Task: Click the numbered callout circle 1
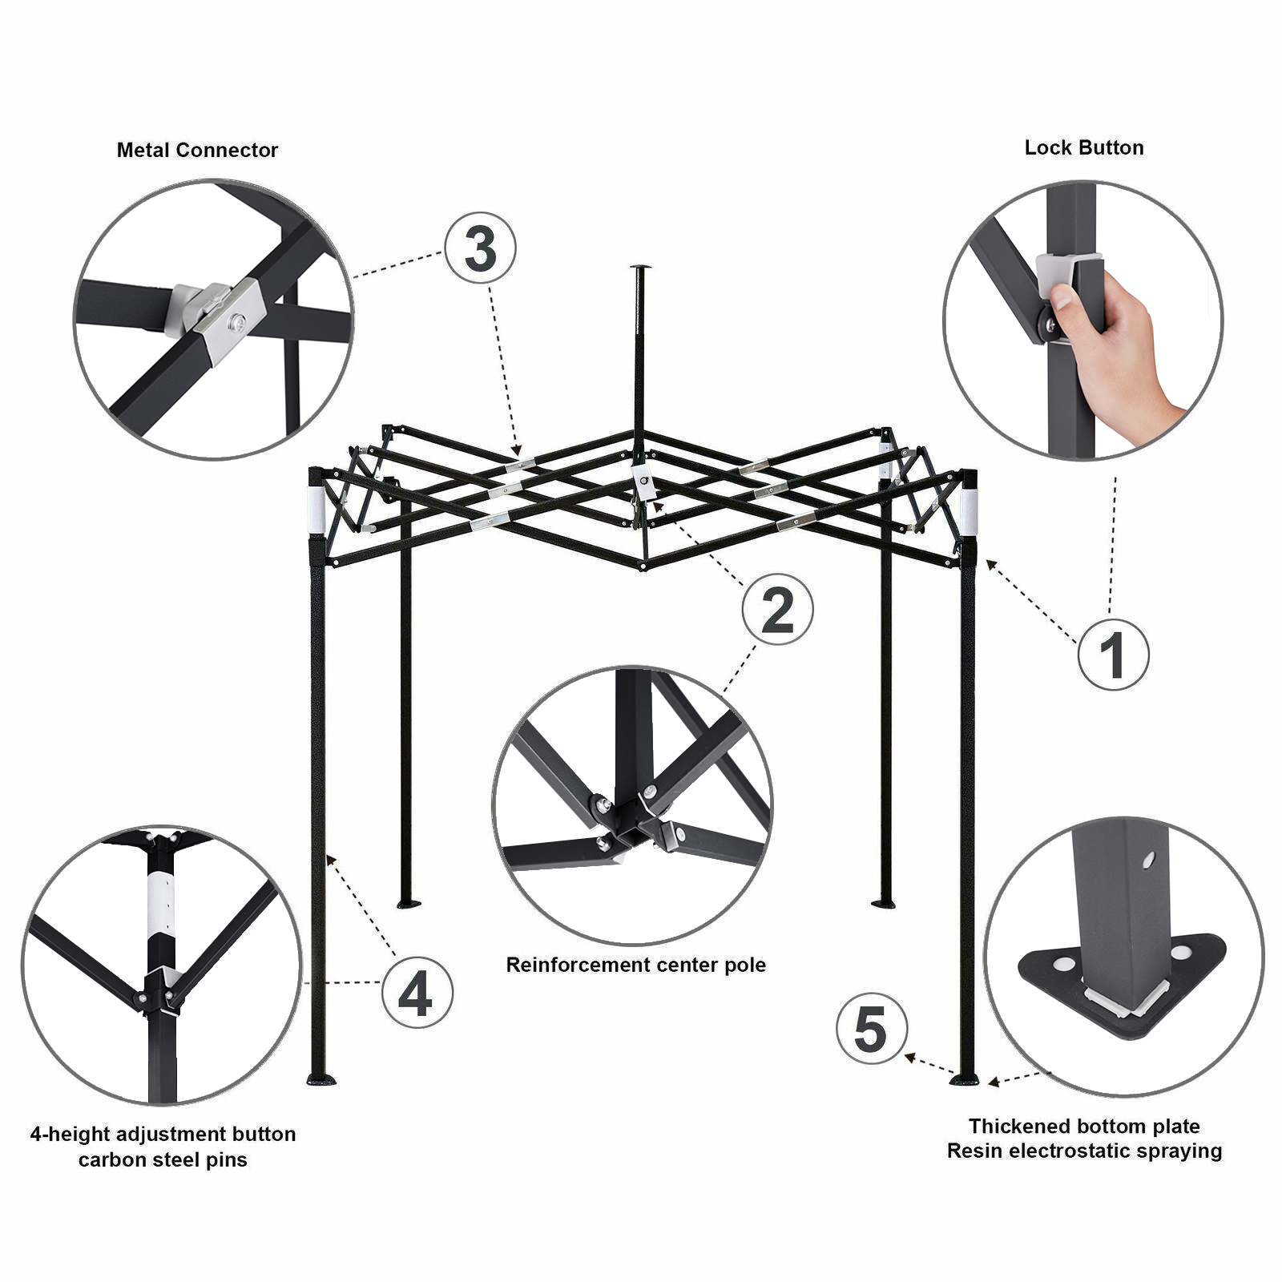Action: coord(1113,655)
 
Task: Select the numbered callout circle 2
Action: coord(777,610)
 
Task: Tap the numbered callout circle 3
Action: coord(480,248)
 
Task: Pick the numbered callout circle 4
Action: coord(417,994)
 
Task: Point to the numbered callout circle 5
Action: coord(871,1029)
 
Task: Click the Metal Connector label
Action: coord(197,150)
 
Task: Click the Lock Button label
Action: coord(1083,147)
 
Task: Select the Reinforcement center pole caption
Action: coord(635,965)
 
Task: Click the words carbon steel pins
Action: coord(163,1159)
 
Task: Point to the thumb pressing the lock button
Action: coord(1063,299)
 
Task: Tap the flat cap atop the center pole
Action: coord(640,268)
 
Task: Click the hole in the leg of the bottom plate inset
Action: coord(1148,861)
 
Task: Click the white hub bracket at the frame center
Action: coord(643,484)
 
